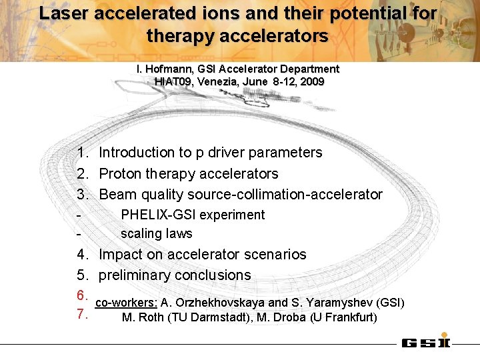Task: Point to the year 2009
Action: pos(312,81)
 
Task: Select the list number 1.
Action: pos(83,153)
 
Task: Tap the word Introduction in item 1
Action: pos(137,153)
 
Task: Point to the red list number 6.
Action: pos(83,295)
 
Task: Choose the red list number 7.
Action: pos(83,314)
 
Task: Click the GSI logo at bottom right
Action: pos(425,343)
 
